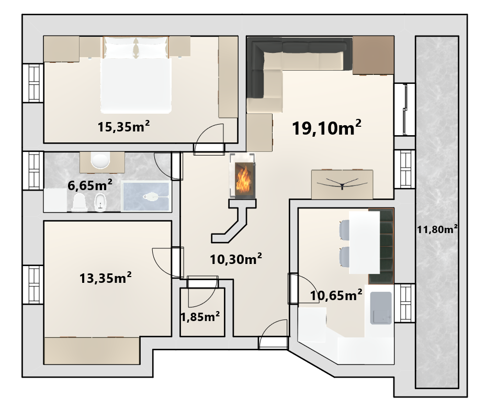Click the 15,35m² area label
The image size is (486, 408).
click(123, 127)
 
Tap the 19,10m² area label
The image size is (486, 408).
click(326, 127)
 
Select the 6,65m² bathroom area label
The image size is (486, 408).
click(90, 185)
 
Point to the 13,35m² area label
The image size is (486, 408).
click(105, 278)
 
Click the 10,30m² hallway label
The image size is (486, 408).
click(236, 259)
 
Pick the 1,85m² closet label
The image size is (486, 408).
click(200, 317)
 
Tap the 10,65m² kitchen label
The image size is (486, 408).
click(336, 295)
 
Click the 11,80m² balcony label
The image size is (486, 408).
click(437, 229)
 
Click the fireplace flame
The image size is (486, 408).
click(242, 179)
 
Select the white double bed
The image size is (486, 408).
click(136, 75)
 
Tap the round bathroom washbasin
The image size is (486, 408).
click(100, 161)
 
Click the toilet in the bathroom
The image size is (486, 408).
click(78, 202)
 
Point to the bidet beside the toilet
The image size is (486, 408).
click(100, 203)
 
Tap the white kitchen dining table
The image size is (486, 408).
click(365, 242)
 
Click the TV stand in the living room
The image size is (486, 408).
click(342, 184)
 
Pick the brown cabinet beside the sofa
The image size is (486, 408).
click(373, 56)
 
